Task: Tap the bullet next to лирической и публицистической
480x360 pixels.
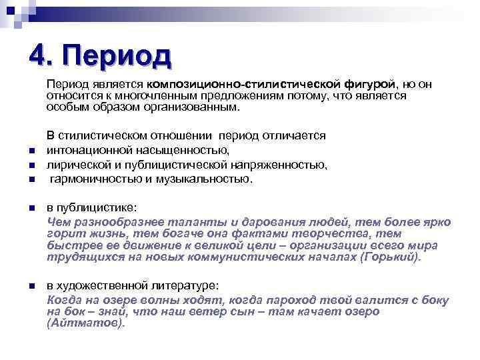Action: point(31,165)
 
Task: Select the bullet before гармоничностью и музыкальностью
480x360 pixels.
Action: point(31,180)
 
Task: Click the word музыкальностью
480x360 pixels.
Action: point(211,179)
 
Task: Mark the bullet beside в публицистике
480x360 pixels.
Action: point(31,209)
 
